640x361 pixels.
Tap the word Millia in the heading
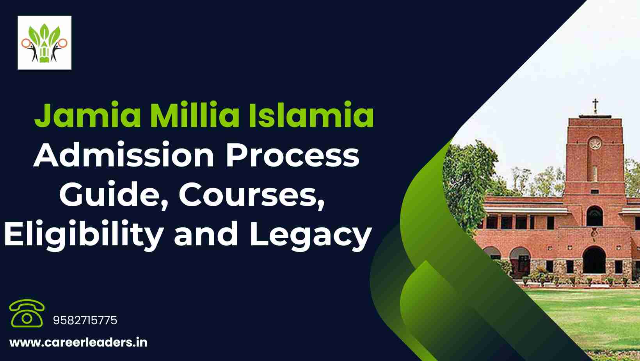195,114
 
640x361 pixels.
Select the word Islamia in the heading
311,114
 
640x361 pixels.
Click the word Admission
124,155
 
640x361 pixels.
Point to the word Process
292,155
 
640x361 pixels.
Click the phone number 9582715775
85,320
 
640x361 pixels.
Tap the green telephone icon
27,313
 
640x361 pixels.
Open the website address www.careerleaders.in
78,343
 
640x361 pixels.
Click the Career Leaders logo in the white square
44,43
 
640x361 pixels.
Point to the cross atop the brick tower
595,106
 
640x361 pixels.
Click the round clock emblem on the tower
595,143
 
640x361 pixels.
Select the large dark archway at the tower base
594,260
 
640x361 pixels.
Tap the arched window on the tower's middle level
595,216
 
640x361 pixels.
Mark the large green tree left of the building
469,183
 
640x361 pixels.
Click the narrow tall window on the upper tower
595,173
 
